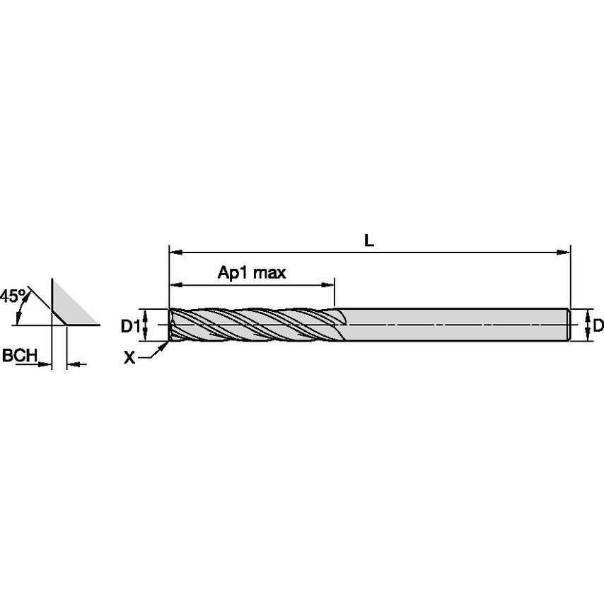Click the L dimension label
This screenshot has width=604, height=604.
click(x=368, y=240)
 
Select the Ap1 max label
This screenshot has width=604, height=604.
click(x=251, y=273)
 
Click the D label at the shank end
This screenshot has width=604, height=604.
click(x=598, y=325)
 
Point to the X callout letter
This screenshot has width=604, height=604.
click(x=129, y=359)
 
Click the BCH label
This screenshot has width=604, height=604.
click(x=19, y=356)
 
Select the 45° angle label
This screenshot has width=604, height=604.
click(x=13, y=296)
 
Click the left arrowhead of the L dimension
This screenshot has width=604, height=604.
click(x=174, y=251)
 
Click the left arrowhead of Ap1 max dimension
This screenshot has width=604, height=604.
click(x=174, y=285)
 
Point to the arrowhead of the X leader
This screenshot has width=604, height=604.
click(x=167, y=345)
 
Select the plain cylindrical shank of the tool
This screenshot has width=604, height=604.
click(x=453, y=325)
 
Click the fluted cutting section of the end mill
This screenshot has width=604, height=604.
click(x=255, y=325)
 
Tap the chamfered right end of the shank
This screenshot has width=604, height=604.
click(x=569, y=325)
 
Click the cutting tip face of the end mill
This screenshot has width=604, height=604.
click(x=171, y=325)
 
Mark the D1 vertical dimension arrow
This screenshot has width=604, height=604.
click(x=145, y=325)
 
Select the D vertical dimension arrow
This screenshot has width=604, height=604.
click(x=587, y=325)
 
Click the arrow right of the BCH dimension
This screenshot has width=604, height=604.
click(x=76, y=364)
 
